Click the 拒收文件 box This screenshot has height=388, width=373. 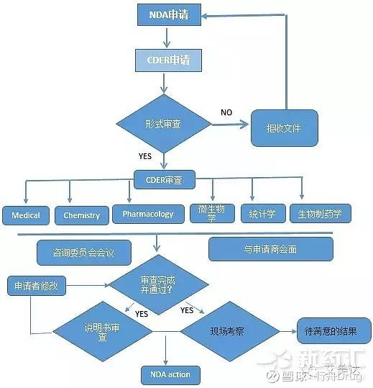[x=283, y=128]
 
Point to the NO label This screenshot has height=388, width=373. [x=226, y=112]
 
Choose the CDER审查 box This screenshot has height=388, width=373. [x=164, y=177]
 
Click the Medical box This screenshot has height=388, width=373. [x=26, y=215]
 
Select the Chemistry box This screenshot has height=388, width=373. [x=82, y=215]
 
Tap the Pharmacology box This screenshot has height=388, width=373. [x=148, y=214]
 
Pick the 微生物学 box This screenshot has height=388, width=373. [x=212, y=212]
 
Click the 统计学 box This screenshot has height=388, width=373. [x=262, y=213]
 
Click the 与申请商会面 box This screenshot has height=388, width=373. [x=270, y=249]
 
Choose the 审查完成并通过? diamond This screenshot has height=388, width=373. [x=158, y=284]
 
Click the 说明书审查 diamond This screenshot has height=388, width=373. [x=103, y=331]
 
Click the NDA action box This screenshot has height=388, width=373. [x=170, y=374]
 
